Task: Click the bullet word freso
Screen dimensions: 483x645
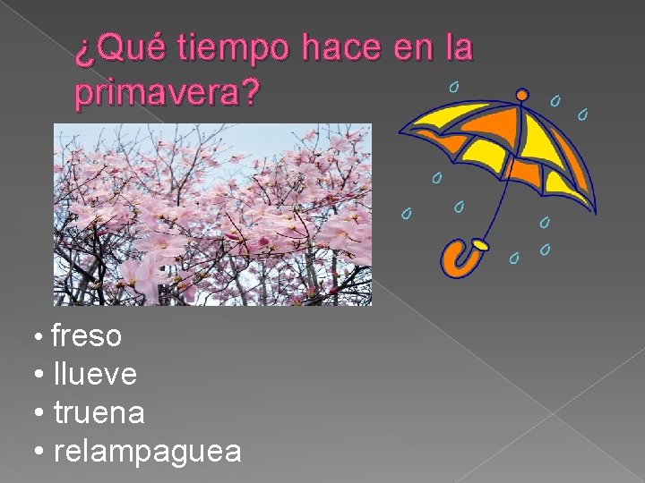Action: point(86,336)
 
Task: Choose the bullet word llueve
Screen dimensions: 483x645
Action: point(95,375)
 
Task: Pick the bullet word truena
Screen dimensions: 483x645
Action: point(99,413)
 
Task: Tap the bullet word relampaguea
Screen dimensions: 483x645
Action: point(147,452)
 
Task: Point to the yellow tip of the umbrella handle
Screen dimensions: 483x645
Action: point(481,243)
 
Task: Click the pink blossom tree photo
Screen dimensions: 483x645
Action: point(212,215)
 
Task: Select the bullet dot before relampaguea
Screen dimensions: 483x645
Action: point(40,453)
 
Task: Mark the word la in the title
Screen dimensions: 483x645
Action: point(458,49)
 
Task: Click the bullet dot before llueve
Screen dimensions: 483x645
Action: point(40,376)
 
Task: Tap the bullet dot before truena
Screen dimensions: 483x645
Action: point(40,414)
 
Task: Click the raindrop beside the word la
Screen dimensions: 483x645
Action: point(454,87)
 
